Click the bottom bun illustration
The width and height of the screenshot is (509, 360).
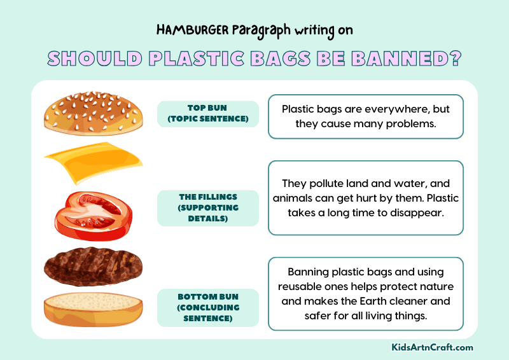(x=93, y=309)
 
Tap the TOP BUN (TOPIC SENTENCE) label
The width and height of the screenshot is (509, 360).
(x=208, y=114)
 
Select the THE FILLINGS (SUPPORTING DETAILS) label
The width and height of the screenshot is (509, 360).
(x=208, y=208)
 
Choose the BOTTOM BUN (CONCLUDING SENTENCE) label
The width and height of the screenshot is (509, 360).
(x=208, y=308)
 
